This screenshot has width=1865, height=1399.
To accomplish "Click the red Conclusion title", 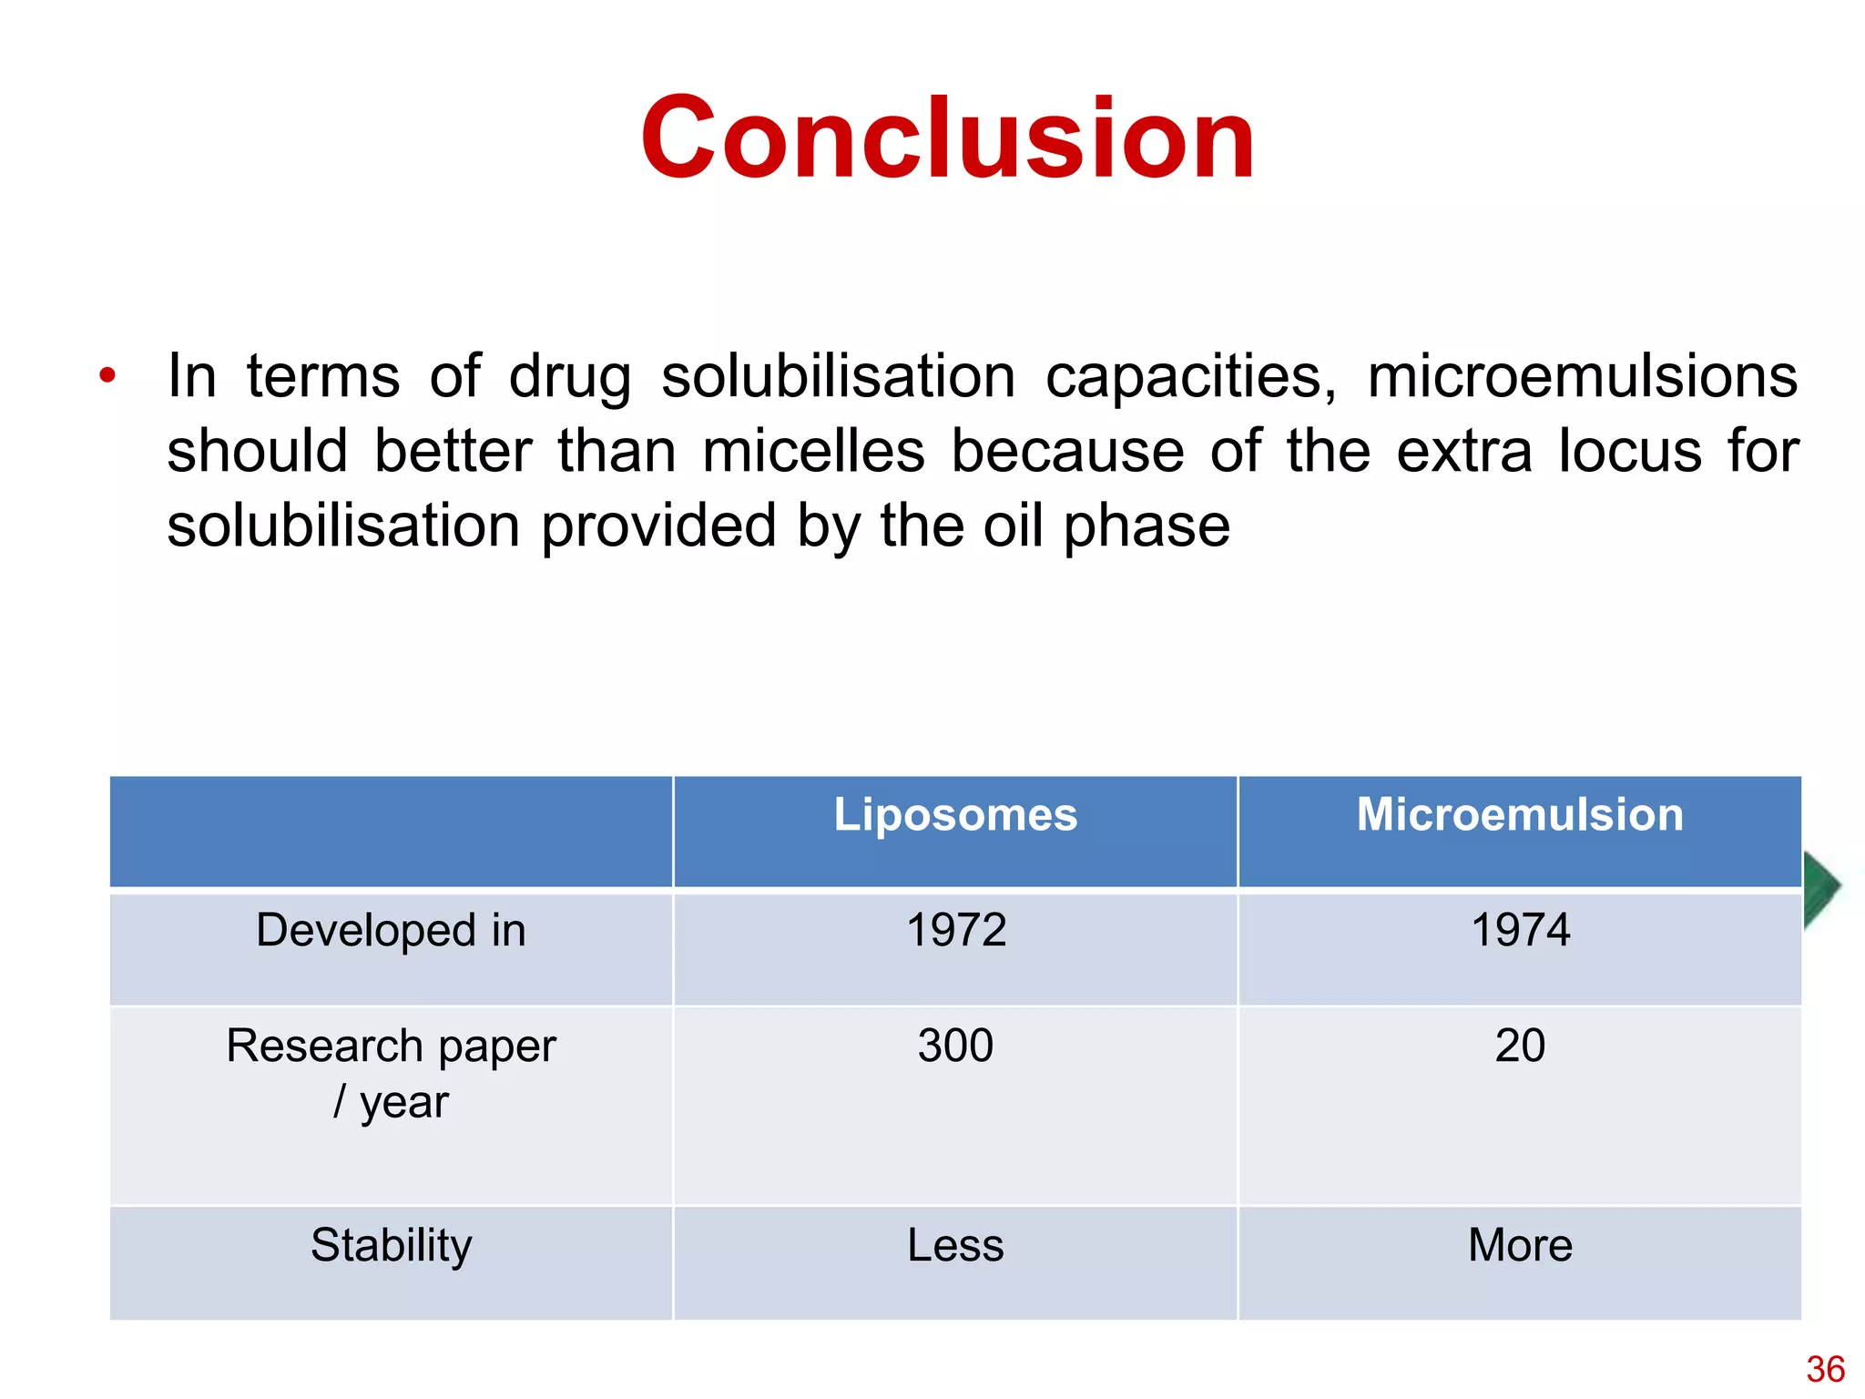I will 947,138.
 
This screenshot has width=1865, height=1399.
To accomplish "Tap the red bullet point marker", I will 107,375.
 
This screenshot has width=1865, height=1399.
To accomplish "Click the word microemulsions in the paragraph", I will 1582,376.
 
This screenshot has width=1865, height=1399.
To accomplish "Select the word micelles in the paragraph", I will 812,451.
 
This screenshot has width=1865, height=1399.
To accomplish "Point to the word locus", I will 1629,451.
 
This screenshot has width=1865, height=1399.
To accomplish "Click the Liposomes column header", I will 955,814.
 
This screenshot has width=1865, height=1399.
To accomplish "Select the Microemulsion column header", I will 1519,814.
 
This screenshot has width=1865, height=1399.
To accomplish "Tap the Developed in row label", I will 391,931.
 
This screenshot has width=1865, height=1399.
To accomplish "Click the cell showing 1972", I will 955,931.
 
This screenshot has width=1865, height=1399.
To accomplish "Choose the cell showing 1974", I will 1519,931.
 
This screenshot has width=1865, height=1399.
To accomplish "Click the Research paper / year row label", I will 391,1073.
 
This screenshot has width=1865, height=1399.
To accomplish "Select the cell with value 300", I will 955,1046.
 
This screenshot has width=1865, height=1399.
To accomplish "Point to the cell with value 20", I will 1519,1046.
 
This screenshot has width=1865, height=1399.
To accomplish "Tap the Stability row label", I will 391,1245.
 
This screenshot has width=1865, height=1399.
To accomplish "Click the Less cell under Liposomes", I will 955,1245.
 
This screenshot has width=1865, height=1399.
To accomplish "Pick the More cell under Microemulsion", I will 1519,1245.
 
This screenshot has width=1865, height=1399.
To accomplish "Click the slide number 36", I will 1825,1369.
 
